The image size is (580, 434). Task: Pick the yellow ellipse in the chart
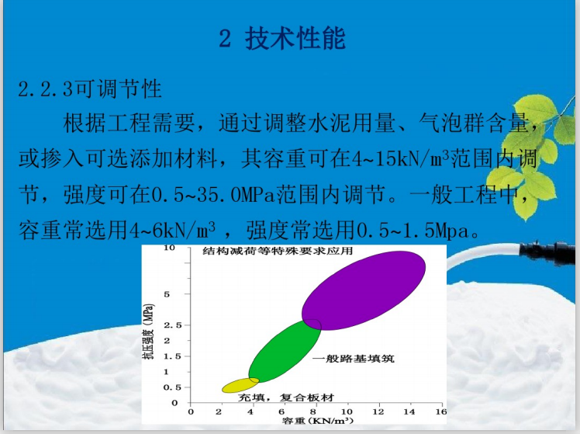coord(240,384)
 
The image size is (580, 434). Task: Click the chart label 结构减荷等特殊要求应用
coord(278,252)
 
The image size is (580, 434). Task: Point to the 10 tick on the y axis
coord(170,248)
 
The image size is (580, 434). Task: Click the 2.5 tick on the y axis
coord(171,325)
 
